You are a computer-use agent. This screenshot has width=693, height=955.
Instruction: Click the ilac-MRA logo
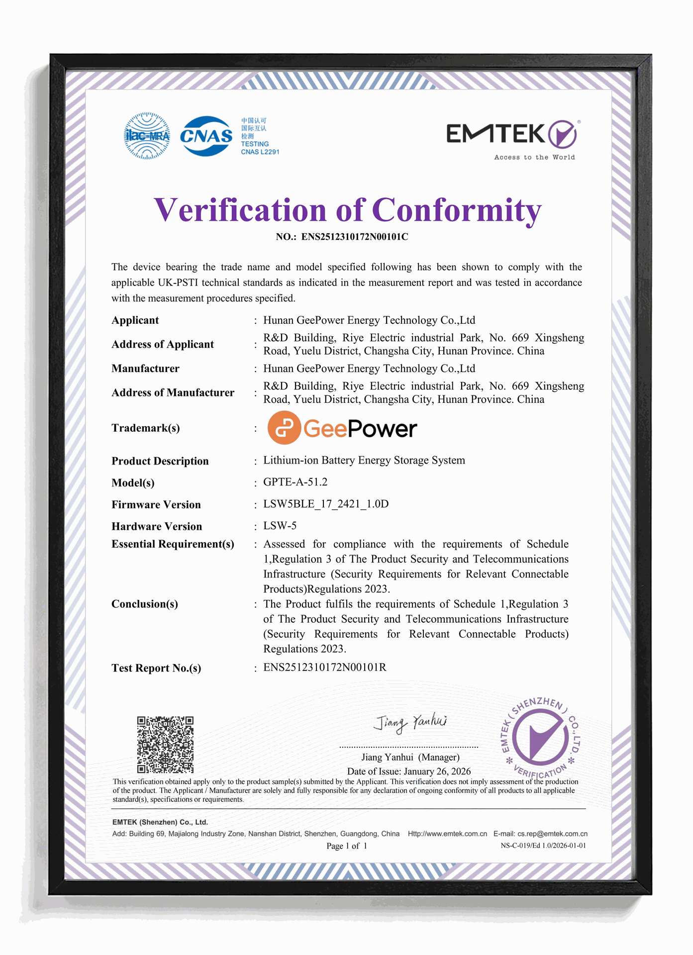coord(147,136)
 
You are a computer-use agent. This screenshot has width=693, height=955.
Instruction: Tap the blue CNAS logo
coord(206,136)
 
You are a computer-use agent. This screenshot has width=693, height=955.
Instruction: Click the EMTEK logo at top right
coord(512,135)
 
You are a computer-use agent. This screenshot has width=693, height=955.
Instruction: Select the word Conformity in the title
coord(456,210)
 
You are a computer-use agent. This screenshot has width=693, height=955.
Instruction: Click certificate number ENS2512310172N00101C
coord(355,237)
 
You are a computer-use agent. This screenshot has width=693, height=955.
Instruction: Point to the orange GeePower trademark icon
coord(284,428)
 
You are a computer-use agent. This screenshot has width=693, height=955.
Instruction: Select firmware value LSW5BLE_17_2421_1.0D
coord(326,504)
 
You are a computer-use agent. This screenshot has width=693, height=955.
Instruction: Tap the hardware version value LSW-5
coord(280,526)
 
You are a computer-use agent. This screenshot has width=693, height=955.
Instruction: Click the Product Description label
coord(160,461)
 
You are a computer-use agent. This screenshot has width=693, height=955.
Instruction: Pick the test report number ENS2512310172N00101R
coord(325,668)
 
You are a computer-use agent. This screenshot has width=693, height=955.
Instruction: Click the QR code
coord(165,745)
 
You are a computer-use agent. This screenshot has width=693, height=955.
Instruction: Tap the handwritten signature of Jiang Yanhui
coord(411,722)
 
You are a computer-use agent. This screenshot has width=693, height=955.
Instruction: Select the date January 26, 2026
coord(437,771)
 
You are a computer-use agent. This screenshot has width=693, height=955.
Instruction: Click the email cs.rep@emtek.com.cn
coord(552,834)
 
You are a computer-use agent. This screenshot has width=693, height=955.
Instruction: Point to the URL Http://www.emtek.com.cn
coord(447,834)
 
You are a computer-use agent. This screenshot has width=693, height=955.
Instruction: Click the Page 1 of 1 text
coord(347,846)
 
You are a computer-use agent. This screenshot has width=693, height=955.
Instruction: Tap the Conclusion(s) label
coord(144,604)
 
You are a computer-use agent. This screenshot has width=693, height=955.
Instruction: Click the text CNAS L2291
coord(260,152)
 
